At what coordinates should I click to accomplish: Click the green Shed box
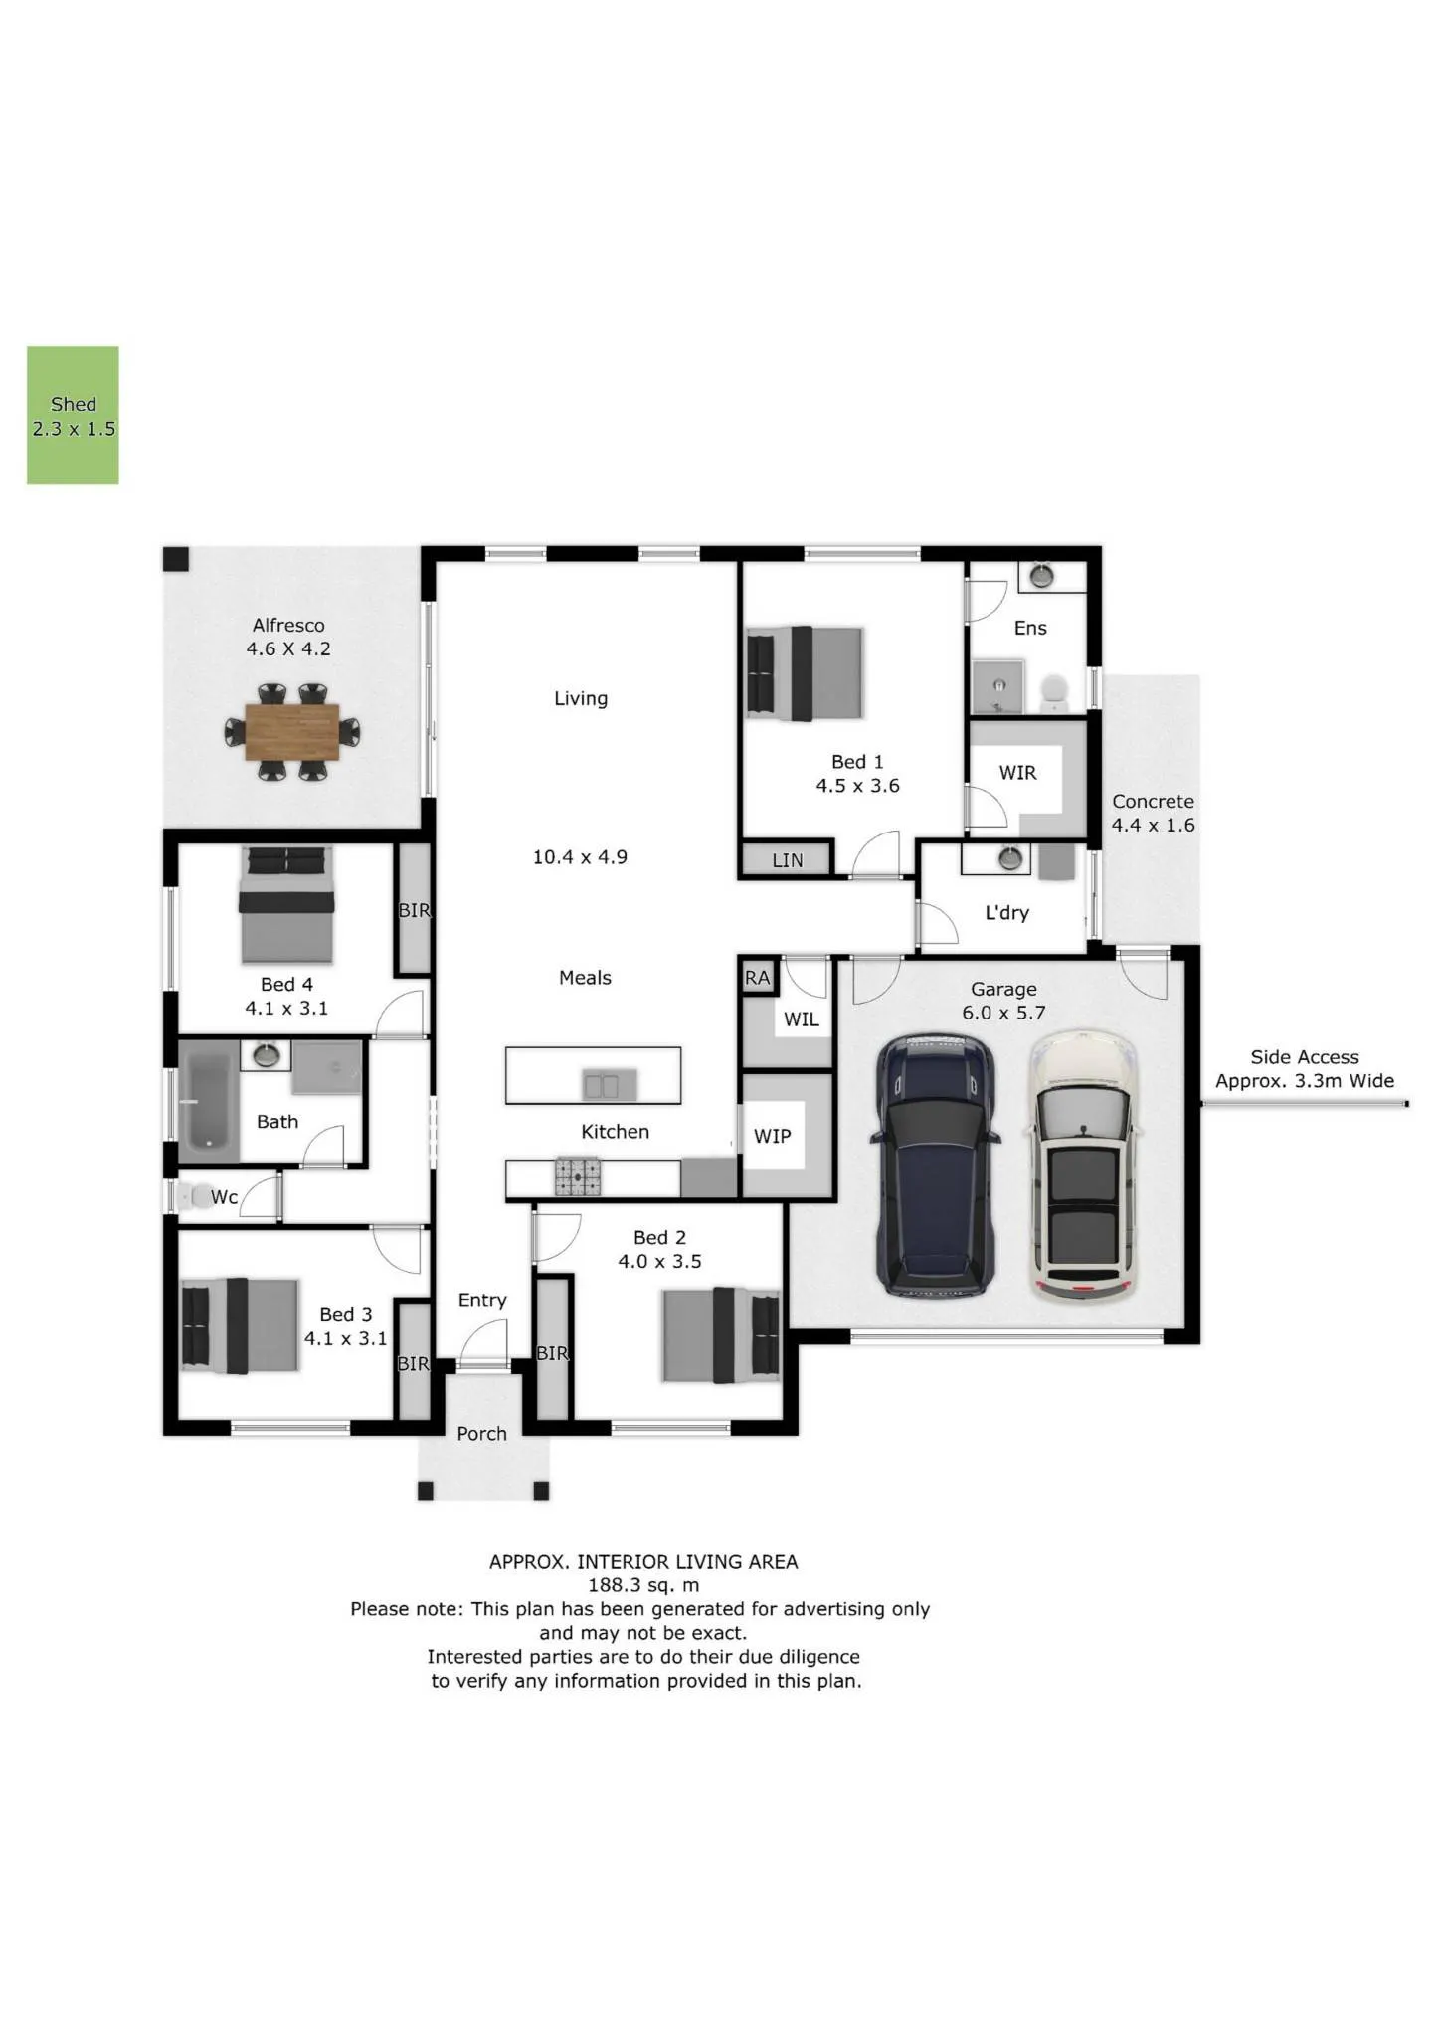(73, 416)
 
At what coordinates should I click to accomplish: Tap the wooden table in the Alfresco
(292, 731)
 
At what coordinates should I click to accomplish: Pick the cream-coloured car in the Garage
(1082, 1167)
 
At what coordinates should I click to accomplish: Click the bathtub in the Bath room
(209, 1102)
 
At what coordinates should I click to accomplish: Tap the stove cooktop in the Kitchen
(577, 1177)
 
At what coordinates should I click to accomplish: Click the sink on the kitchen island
(602, 1085)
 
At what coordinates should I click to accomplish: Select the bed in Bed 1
(805, 673)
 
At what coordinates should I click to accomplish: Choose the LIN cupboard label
(788, 860)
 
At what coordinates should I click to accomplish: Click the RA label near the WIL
(758, 978)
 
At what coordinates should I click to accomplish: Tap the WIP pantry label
(773, 1136)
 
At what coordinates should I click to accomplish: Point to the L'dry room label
(1006, 913)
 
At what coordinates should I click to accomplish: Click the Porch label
(482, 1433)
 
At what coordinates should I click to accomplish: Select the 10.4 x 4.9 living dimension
(580, 857)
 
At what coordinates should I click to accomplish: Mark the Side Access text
(1305, 1057)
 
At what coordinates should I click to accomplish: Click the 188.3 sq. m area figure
(643, 1585)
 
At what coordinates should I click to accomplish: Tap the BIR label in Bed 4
(414, 910)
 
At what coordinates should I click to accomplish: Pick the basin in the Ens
(1041, 575)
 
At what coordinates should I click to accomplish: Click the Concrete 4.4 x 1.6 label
(1154, 813)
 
